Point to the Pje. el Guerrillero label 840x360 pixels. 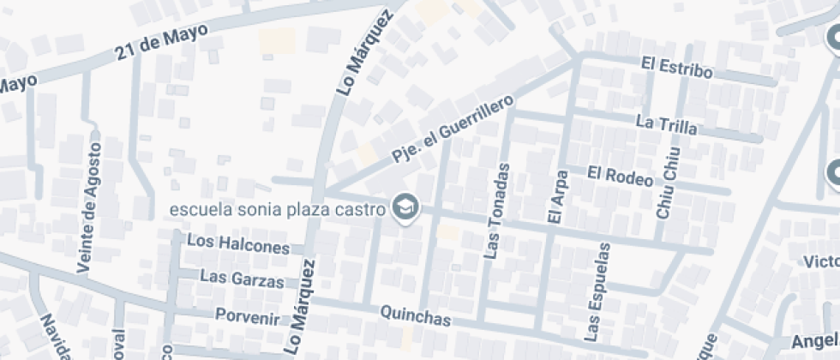pyautogui.click(x=453, y=129)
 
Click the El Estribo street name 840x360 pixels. pyautogui.click(x=676, y=67)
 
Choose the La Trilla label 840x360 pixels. pyautogui.click(x=666, y=123)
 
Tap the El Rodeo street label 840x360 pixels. pyautogui.click(x=621, y=175)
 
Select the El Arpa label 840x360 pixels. pyautogui.click(x=555, y=197)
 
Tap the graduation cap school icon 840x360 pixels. pyautogui.click(x=404, y=207)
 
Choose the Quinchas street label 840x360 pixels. pyautogui.click(x=414, y=317)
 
